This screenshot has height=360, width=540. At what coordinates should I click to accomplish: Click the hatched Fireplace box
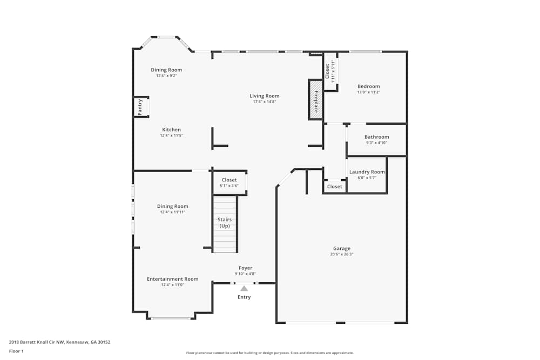315,100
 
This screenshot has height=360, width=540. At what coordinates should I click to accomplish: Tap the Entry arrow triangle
244,288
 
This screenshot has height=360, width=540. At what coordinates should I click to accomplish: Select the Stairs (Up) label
224,223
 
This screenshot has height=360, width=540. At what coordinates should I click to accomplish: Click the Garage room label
341,248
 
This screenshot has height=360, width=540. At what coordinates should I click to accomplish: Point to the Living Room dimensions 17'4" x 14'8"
264,102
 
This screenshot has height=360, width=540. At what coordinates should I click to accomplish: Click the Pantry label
140,107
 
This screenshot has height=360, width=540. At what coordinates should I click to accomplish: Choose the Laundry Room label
367,172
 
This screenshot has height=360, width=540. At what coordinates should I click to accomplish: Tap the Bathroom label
376,137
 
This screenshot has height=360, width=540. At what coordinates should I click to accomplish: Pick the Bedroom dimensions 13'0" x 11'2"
368,92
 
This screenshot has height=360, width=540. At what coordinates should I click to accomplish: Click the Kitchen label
171,130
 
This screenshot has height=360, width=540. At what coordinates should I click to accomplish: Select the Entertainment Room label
172,279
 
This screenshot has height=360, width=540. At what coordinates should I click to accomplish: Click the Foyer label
245,268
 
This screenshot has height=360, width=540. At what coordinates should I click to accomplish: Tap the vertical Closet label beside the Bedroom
327,71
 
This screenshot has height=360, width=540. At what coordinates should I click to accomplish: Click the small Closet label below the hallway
335,187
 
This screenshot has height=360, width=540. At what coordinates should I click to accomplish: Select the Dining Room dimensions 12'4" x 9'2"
166,76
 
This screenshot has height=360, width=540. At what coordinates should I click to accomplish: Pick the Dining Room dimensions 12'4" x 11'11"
172,212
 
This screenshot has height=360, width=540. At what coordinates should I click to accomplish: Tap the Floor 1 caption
16,351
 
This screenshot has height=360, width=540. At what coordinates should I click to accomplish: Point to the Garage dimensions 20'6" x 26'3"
342,254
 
